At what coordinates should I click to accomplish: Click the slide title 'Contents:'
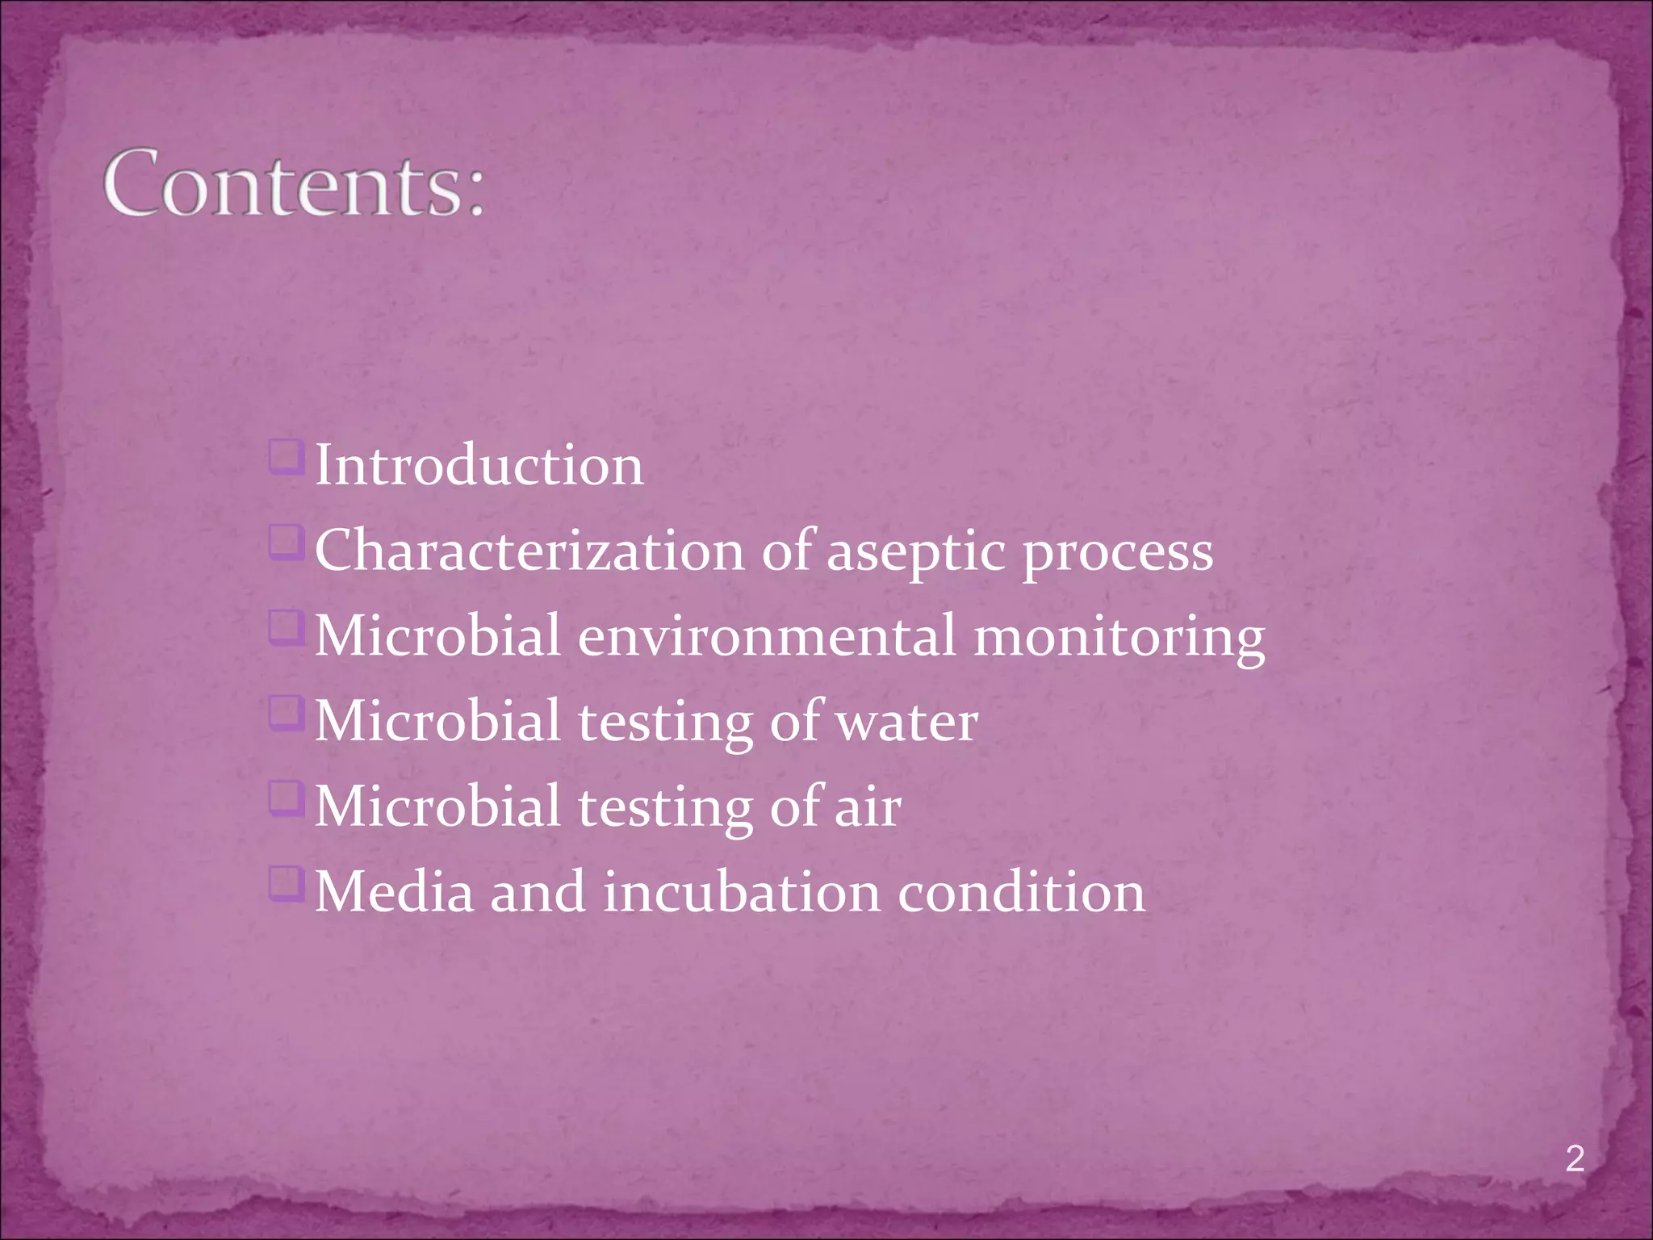295,183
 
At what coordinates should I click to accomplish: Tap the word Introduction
479,466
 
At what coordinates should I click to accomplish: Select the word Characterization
529,551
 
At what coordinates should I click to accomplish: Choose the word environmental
767,636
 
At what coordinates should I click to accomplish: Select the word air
868,806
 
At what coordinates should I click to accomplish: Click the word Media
394,892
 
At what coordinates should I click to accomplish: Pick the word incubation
742,892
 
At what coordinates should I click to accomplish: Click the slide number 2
1575,1159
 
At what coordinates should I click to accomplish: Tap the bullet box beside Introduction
287,457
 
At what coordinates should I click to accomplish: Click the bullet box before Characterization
287,542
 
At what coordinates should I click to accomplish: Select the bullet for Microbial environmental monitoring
287,627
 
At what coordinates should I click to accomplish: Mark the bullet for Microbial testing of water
287,713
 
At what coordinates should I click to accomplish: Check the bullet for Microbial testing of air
287,798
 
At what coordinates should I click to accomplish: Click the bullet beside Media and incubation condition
287,883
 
